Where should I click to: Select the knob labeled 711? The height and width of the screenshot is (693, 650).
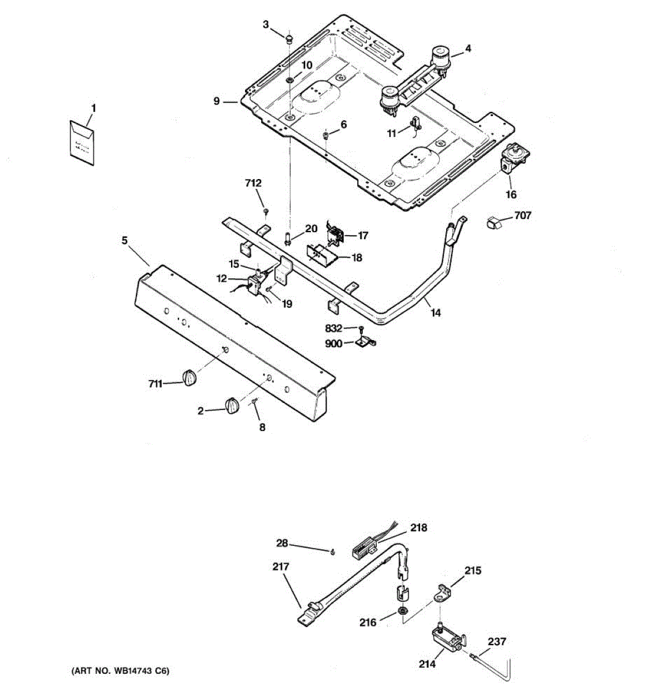pyautogui.click(x=190, y=378)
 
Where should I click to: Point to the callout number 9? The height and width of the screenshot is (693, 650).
pyautogui.click(x=217, y=101)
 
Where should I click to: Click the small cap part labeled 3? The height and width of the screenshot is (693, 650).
pyautogui.click(x=288, y=39)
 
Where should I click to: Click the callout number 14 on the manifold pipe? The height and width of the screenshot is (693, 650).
pyautogui.click(x=436, y=312)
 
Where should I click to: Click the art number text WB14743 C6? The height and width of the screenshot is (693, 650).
pyautogui.click(x=120, y=671)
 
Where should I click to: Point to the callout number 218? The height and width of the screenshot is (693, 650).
pyautogui.click(x=419, y=528)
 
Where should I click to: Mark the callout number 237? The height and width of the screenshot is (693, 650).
pyautogui.click(x=497, y=641)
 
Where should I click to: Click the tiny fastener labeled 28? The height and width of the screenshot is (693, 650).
pyautogui.click(x=333, y=552)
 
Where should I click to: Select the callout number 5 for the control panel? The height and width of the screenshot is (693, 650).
pyautogui.click(x=125, y=240)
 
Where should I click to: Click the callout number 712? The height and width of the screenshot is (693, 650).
pyautogui.click(x=253, y=183)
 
